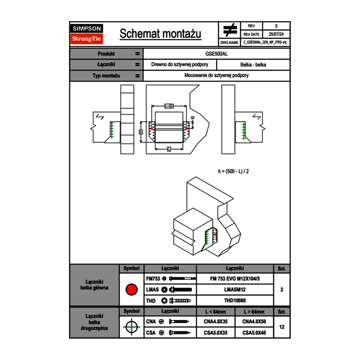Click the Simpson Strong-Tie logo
coord(87,34)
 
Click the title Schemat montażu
coord(160,34)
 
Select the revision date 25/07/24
coord(276,34)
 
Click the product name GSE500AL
coord(216,54)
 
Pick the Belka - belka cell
coord(253,65)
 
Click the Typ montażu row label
coord(106,76)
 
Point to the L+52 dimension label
coord(169,106)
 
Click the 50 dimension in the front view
coord(192,118)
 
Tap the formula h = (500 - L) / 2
coord(234,171)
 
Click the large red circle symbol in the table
coord(131,290)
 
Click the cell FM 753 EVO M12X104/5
coord(235,279)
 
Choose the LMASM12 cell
coord(235,290)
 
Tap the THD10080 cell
coord(235,301)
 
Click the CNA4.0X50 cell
coord(254,322)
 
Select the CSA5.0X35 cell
coord(216,333)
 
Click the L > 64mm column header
coord(254,312)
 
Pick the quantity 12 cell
coord(281,327)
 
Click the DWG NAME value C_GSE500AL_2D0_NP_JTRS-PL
coord(265,42)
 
